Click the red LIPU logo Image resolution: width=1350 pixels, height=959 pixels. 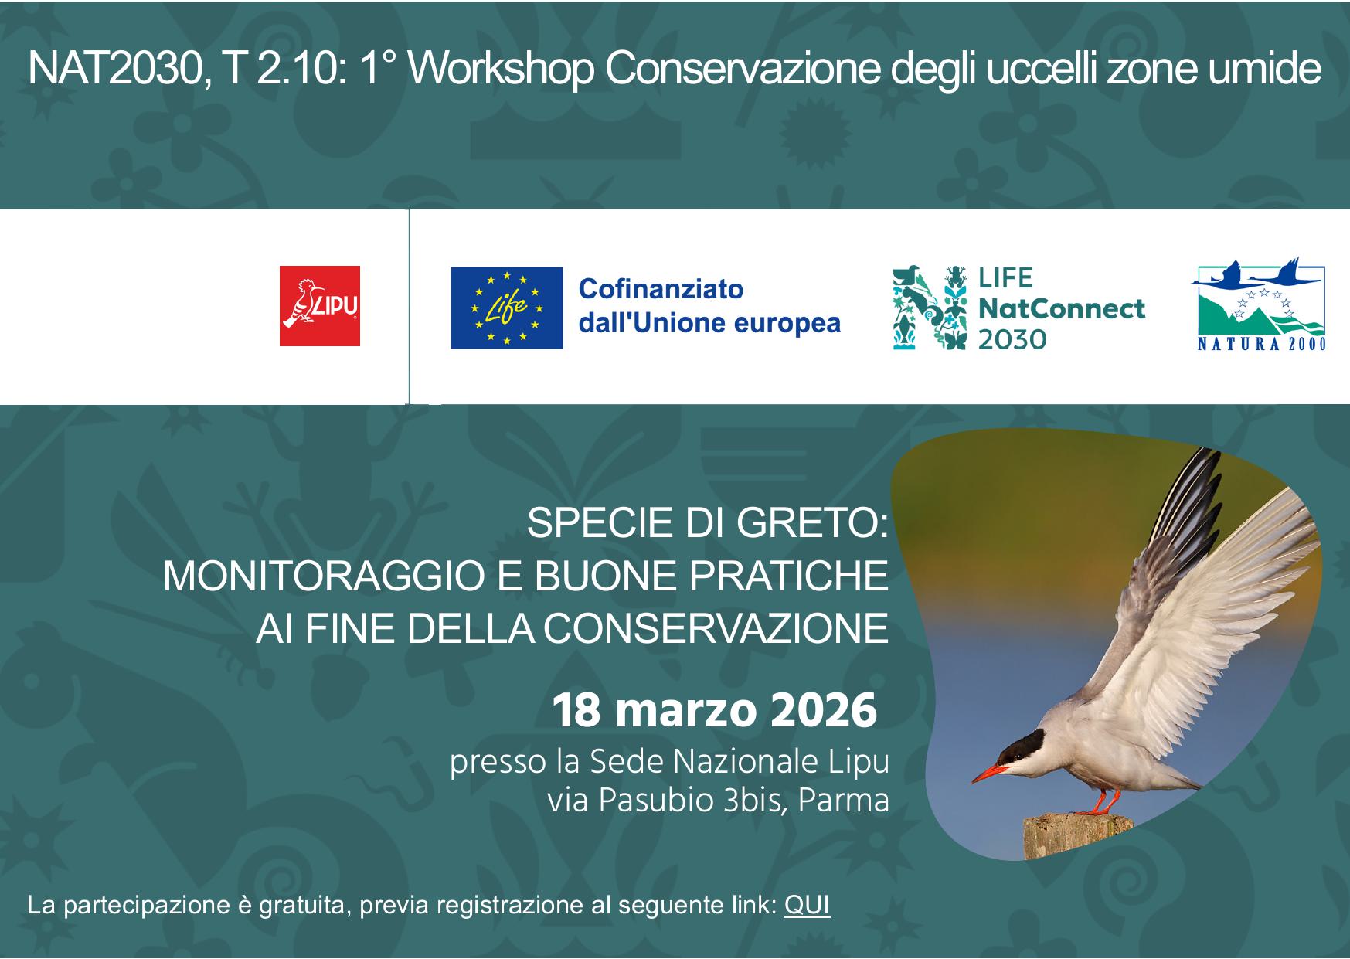click(x=320, y=306)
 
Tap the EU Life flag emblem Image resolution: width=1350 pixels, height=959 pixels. click(x=507, y=308)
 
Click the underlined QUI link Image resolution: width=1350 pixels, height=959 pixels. click(x=807, y=905)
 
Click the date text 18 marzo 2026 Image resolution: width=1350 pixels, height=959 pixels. click(x=714, y=712)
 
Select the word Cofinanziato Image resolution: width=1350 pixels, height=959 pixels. click(x=661, y=289)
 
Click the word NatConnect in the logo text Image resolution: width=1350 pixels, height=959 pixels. click(x=1062, y=308)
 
